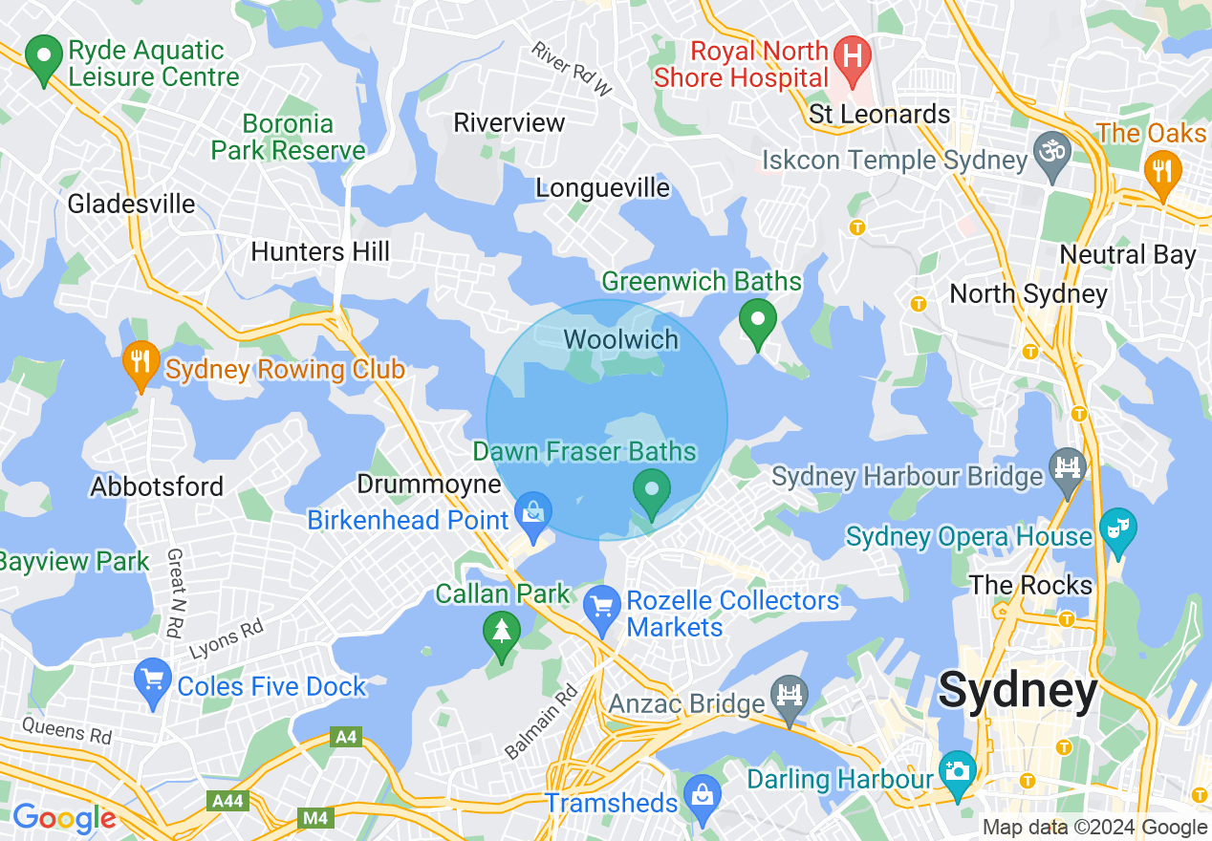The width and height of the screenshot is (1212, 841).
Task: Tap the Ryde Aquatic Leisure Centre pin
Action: coord(43,59)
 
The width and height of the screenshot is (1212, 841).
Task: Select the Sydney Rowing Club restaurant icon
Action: coord(141,364)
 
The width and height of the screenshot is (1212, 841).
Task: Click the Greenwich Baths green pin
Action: coord(758,322)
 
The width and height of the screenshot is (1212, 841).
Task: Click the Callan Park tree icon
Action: coord(501,635)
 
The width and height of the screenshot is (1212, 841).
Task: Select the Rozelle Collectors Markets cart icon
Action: coord(602,609)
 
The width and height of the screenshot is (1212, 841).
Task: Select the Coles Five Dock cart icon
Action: coord(153,683)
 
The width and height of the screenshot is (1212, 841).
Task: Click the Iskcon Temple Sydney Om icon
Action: coord(1051,155)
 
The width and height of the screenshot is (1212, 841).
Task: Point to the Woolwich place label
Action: coord(621,339)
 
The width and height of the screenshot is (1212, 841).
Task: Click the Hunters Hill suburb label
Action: coord(320,251)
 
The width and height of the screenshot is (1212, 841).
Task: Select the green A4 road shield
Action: coord(344,737)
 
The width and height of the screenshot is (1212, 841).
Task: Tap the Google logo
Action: coord(64,818)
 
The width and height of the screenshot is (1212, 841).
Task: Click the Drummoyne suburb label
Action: coord(429,485)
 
